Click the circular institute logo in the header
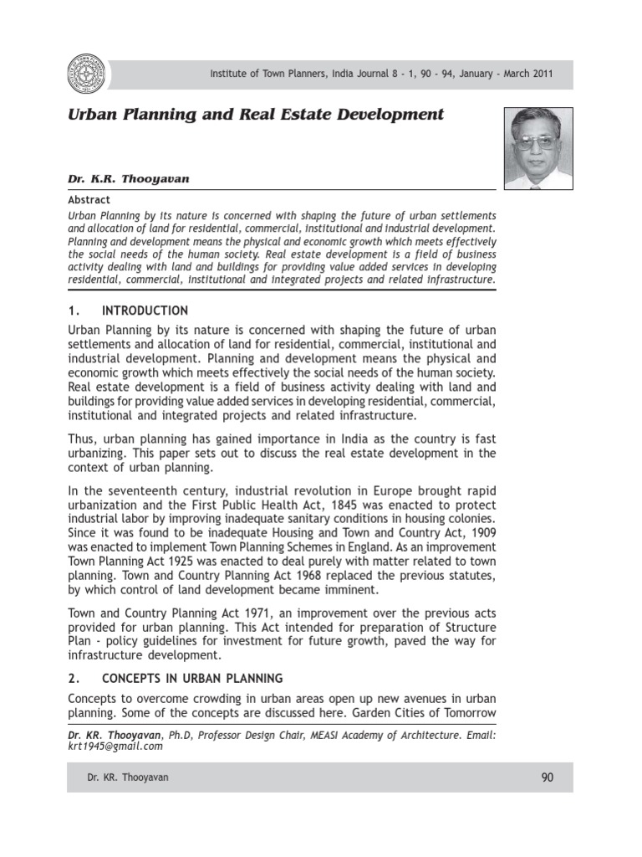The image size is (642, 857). click(x=87, y=74)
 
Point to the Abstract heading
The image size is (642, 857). click(x=88, y=201)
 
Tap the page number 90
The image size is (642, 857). click(x=548, y=777)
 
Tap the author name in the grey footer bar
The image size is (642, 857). click(x=128, y=777)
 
